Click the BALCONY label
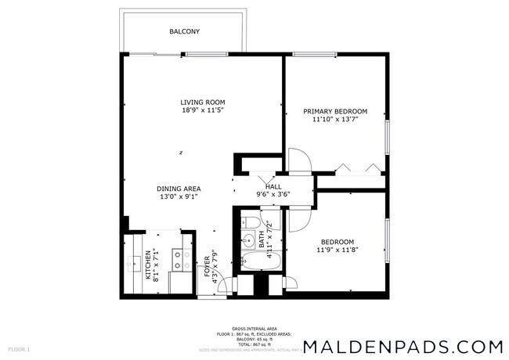point(185,32)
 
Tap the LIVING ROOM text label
point(203,103)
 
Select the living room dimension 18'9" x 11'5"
point(203,111)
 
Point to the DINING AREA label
point(179,189)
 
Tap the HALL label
point(273,186)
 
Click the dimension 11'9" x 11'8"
point(338,250)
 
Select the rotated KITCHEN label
point(147,265)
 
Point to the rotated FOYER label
point(208,266)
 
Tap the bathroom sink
point(248,240)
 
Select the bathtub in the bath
point(258,261)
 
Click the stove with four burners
point(179,260)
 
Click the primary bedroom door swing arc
point(301,161)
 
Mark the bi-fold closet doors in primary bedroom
point(356,167)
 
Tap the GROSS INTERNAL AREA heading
point(254,329)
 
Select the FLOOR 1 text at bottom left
point(19,348)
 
